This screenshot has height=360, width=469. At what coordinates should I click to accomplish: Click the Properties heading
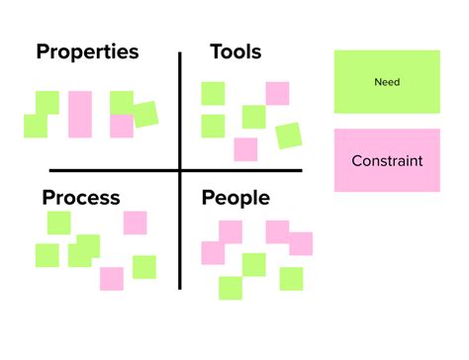(87, 51)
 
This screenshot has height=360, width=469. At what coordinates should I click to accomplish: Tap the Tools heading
(235, 51)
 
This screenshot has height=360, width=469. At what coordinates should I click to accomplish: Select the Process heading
(81, 198)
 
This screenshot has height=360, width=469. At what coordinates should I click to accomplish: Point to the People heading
(235, 198)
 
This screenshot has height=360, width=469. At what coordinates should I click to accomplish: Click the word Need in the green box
(387, 82)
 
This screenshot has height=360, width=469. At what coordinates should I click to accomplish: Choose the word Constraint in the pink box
(387, 160)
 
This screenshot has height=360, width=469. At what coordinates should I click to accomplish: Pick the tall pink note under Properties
(80, 114)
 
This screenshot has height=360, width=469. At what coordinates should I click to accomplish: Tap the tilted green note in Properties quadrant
(144, 115)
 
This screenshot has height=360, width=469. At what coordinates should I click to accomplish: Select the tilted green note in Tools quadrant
(288, 135)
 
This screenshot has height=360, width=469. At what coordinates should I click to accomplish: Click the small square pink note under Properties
(122, 126)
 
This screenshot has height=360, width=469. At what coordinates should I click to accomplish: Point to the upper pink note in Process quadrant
(135, 223)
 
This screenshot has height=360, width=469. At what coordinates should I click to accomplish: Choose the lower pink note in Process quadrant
(112, 278)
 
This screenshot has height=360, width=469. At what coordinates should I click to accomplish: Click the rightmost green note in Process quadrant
(144, 267)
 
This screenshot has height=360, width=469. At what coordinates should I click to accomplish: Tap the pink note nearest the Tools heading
(277, 94)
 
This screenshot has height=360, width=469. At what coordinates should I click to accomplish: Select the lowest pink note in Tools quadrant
(245, 149)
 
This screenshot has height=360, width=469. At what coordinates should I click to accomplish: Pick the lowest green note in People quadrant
(231, 288)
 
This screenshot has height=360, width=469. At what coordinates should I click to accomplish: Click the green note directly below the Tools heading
(213, 94)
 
